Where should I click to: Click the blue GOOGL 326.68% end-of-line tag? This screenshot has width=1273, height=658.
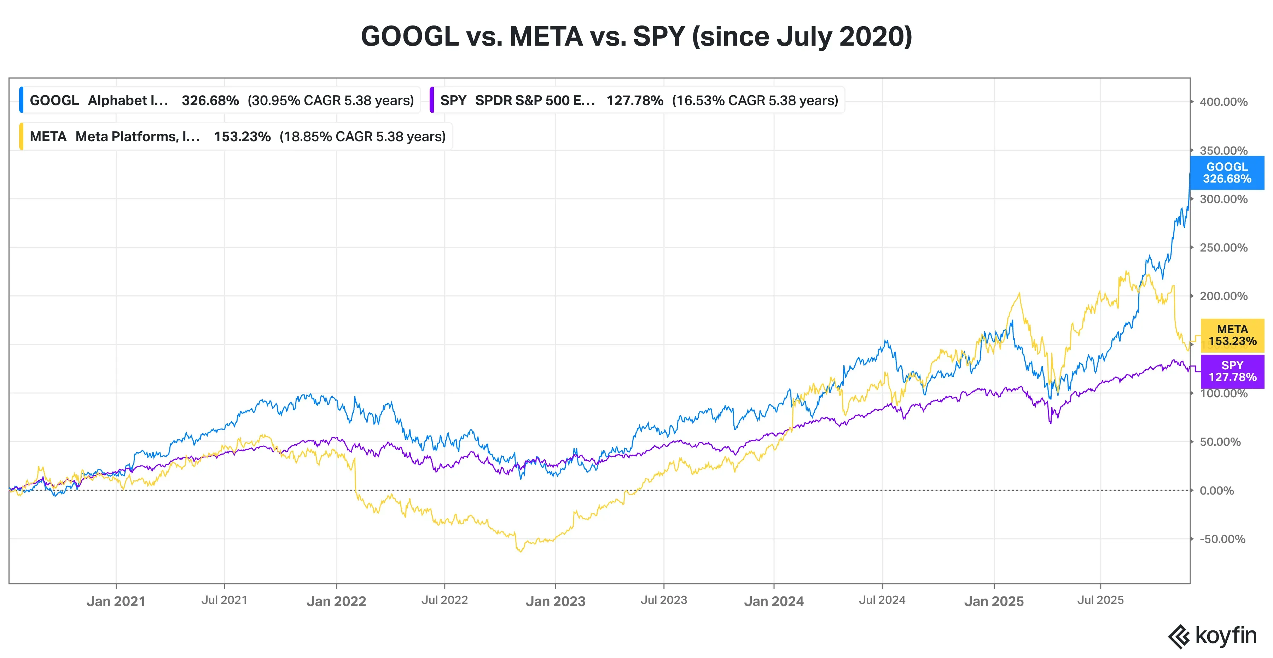pos(1227,173)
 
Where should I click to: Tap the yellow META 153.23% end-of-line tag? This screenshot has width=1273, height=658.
pos(1232,335)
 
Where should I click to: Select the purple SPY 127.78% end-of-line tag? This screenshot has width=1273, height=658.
pos(1232,371)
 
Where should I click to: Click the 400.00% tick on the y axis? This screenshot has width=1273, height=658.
pos(1223,102)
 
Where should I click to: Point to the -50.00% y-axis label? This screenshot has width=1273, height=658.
pos(1222,539)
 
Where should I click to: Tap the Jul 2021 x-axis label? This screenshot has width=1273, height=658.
pos(224,600)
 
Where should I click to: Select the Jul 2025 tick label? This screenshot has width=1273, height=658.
pos(1100,600)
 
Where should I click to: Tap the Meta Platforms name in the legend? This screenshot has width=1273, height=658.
pos(138,137)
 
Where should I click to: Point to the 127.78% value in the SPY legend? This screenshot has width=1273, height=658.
pos(634,100)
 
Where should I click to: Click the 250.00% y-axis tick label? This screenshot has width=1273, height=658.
pos(1223,248)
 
